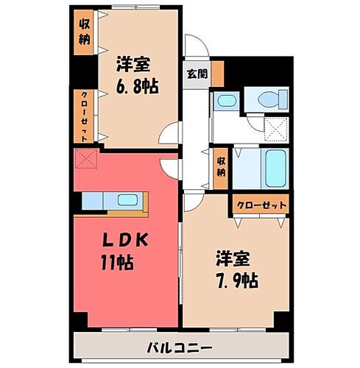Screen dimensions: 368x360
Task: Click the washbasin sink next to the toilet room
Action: [x=226, y=102]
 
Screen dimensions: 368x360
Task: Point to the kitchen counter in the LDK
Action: [x=114, y=201]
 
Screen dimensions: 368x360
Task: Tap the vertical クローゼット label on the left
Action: [x=84, y=116]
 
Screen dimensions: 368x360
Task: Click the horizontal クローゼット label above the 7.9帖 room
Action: [x=261, y=204]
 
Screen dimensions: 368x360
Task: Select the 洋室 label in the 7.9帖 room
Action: [x=233, y=259]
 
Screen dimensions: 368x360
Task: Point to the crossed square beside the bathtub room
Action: [x=277, y=131]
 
